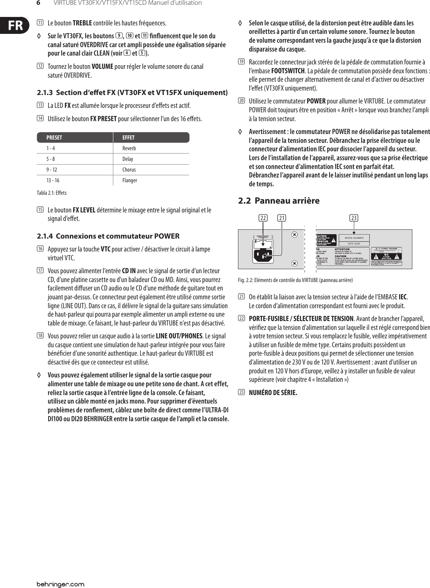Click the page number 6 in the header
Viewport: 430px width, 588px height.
pyautogui.click(x=38, y=3)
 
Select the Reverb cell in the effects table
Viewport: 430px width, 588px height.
pyautogui.click(x=129, y=148)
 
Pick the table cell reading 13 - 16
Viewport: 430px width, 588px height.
pyautogui.click(x=53, y=180)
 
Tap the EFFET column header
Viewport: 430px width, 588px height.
pyautogui.click(x=128, y=138)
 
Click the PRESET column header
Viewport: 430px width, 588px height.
pyautogui.click(x=54, y=138)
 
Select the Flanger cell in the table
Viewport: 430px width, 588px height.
pyautogui.click(x=129, y=180)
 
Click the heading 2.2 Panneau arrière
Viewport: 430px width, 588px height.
pyautogui.click(x=279, y=201)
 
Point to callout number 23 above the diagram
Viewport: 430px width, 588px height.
pyautogui.click(x=354, y=218)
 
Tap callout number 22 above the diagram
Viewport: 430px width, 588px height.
pyautogui.click(x=263, y=218)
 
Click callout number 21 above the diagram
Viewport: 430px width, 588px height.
pyautogui.click(x=282, y=218)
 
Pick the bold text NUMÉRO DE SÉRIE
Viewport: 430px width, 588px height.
pyautogui.click(x=273, y=392)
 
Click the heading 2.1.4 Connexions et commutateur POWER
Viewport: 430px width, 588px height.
pyautogui.click(x=109, y=236)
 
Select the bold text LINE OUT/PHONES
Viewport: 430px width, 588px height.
pyautogui.click(x=179, y=335)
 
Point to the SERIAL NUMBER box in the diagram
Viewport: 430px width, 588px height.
pyautogui.click(x=353, y=238)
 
